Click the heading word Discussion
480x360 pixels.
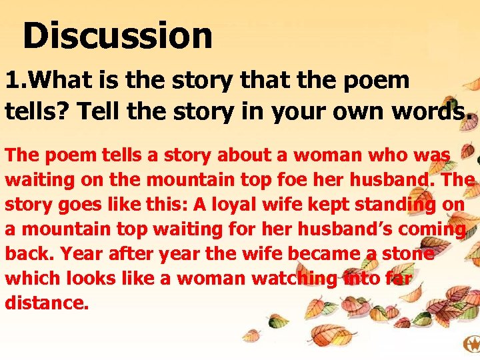[117, 35]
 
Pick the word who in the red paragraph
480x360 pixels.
[387, 155]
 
